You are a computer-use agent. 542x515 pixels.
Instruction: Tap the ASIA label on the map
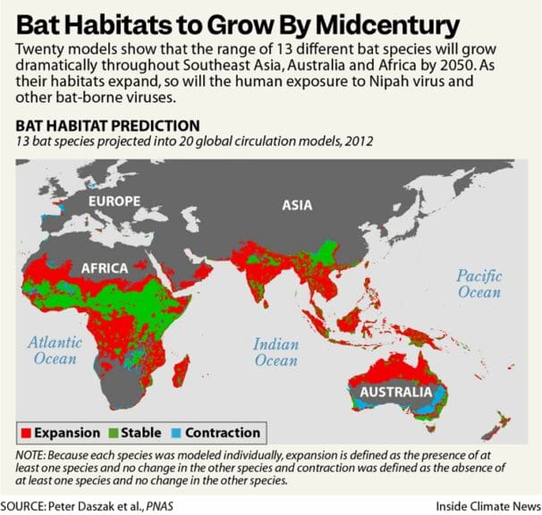click(x=297, y=205)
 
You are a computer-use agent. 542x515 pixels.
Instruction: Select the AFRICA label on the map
click(x=105, y=267)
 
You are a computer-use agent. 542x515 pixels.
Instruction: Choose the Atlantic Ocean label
click(x=55, y=350)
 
